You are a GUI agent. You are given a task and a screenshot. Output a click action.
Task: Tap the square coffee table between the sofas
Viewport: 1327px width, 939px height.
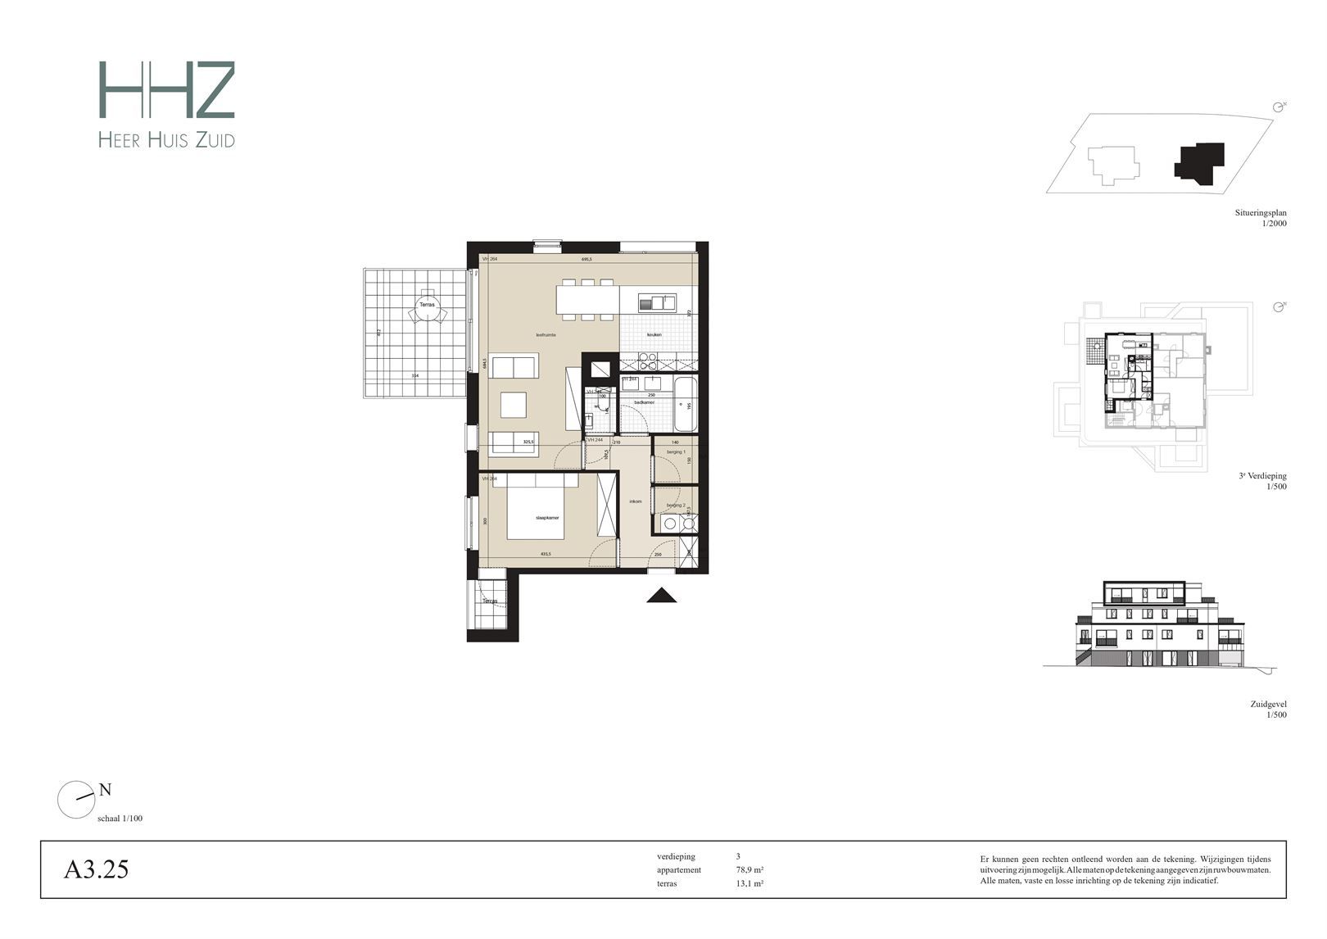(x=514, y=405)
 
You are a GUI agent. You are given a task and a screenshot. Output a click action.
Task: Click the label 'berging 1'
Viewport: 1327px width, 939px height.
(x=676, y=451)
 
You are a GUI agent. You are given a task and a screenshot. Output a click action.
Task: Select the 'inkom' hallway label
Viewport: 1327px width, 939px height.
(x=636, y=501)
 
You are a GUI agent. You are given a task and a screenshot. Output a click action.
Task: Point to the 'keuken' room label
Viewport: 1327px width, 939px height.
(x=654, y=334)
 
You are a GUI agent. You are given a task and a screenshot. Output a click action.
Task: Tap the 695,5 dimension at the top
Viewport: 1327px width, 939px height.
(x=587, y=259)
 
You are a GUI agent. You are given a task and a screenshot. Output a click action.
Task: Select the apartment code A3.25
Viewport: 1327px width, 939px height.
(x=96, y=869)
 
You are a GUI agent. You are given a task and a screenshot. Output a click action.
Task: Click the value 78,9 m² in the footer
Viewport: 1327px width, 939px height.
(x=750, y=870)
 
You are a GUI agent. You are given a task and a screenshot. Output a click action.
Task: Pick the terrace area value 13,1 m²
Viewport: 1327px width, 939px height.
(x=750, y=884)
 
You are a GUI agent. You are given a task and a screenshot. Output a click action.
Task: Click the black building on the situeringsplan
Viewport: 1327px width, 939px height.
(x=1199, y=161)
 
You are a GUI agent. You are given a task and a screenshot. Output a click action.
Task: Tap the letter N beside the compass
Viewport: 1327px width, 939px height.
(x=105, y=791)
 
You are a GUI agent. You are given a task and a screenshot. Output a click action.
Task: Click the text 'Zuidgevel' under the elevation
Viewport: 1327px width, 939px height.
(x=1268, y=704)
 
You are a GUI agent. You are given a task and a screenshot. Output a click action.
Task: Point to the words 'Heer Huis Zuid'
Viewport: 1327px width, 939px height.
(x=166, y=140)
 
